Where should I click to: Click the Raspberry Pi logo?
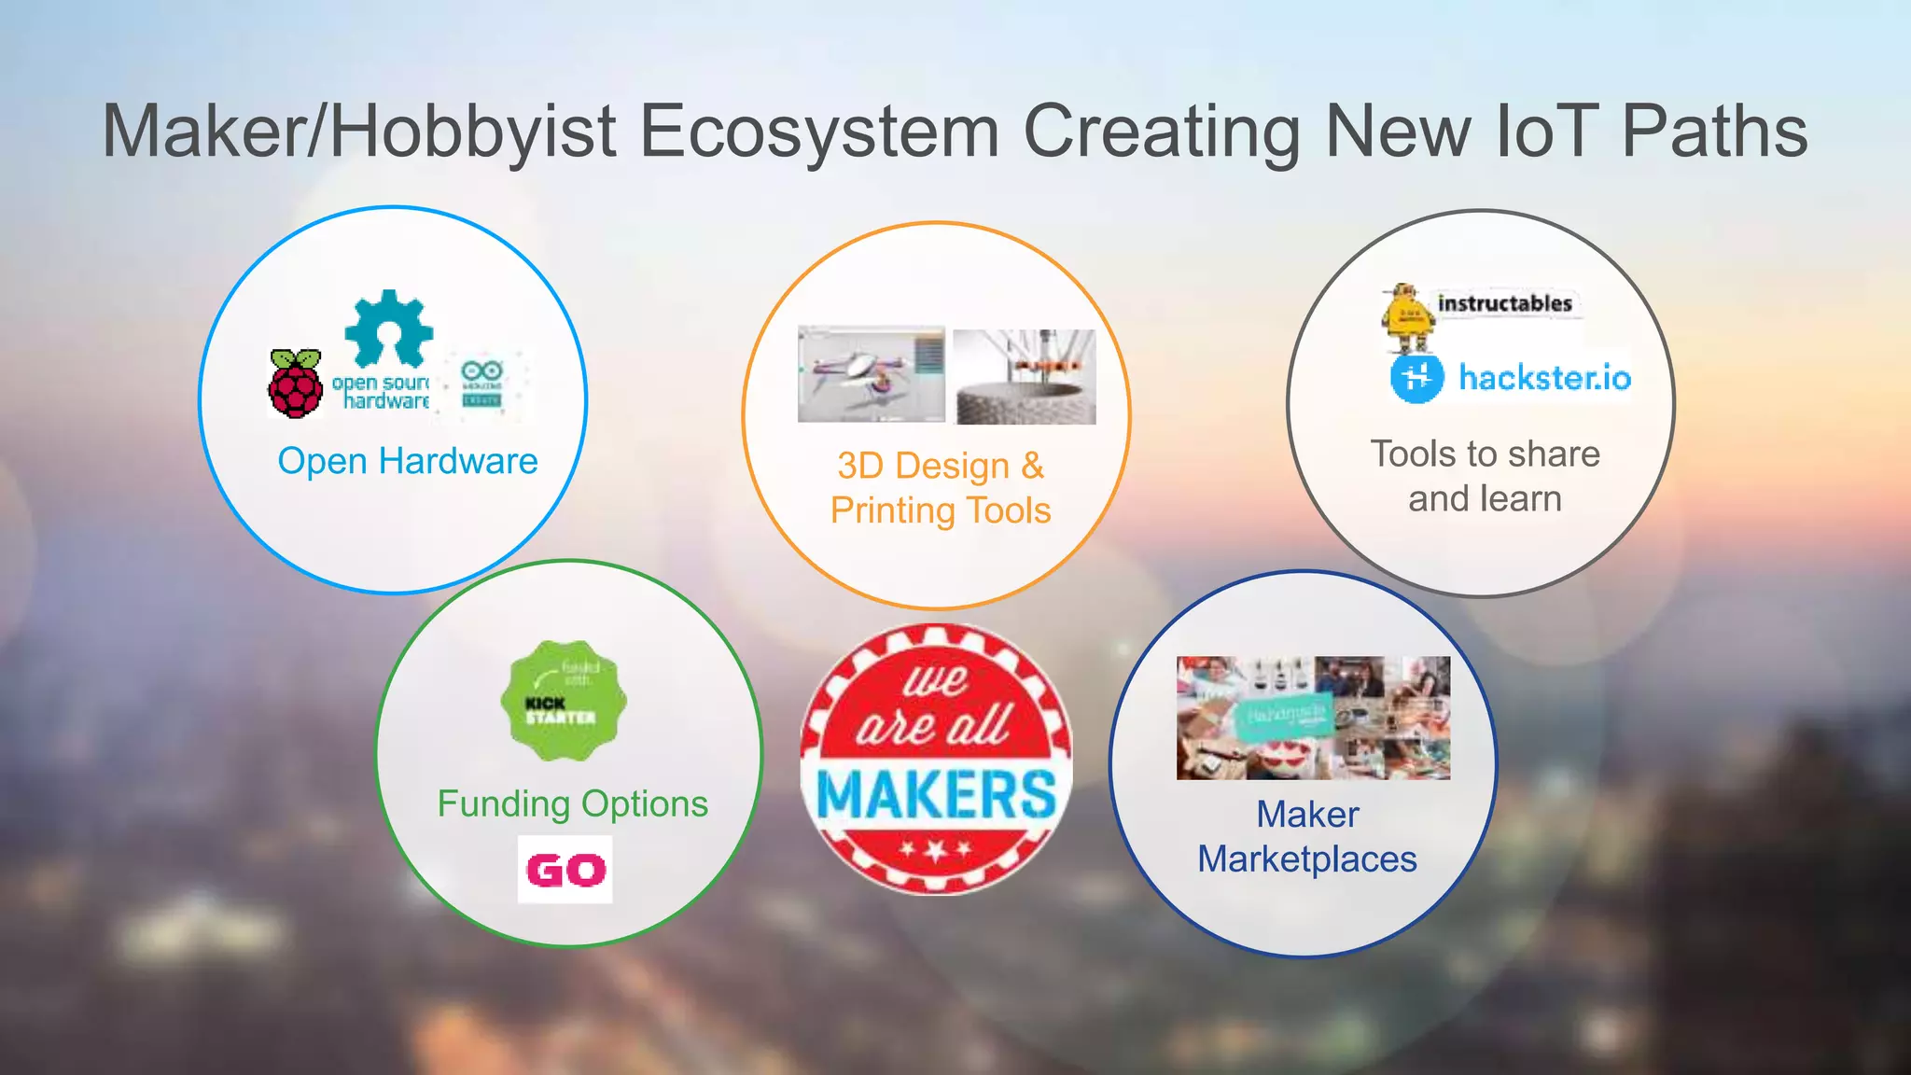point(295,384)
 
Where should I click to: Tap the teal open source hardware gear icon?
point(388,328)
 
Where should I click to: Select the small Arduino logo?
point(482,384)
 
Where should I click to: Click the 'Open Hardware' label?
point(408,461)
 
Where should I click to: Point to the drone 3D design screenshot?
point(871,374)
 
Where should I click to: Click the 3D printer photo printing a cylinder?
point(1025,377)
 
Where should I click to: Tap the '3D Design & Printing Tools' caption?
point(941,488)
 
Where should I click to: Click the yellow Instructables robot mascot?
point(1408,318)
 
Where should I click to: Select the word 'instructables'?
point(1504,303)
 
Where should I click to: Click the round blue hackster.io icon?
point(1416,378)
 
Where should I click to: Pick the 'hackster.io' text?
point(1544,378)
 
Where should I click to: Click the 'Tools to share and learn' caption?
point(1485,476)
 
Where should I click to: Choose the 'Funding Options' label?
point(573,803)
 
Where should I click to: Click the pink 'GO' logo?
point(565,870)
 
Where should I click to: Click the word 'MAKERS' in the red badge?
point(936,793)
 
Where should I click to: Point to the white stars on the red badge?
point(935,850)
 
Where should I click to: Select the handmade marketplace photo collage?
point(1313,718)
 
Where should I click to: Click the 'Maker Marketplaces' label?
point(1307,836)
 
